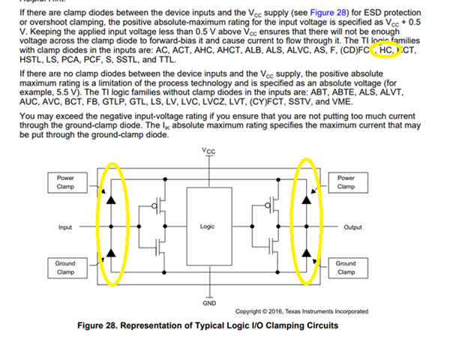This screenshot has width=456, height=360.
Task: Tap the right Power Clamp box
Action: (x=346, y=182)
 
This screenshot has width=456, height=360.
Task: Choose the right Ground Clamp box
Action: (x=346, y=268)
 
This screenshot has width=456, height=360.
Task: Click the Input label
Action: (x=66, y=226)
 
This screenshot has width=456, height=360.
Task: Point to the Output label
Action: (x=352, y=226)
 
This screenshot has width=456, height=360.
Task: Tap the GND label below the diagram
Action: (x=209, y=303)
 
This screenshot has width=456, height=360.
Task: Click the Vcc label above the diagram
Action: (x=209, y=151)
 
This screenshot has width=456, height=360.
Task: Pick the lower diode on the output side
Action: (x=306, y=252)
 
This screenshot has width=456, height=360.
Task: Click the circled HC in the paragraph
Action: (x=387, y=50)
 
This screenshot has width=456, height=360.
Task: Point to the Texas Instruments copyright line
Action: (x=301, y=311)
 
